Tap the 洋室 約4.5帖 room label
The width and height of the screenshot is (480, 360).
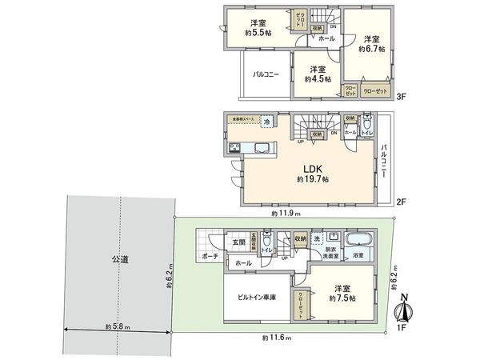click(x=317, y=74)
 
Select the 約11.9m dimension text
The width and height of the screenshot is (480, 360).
click(x=285, y=214)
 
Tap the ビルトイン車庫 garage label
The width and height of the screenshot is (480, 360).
click(x=256, y=297)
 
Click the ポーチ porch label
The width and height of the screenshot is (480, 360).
click(x=210, y=257)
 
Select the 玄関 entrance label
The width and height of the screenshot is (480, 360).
click(x=238, y=242)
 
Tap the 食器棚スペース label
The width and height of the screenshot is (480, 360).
click(x=243, y=118)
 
